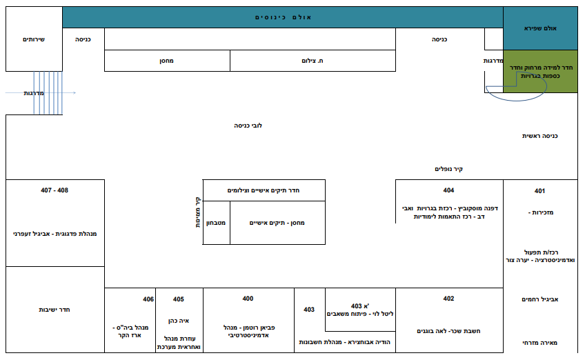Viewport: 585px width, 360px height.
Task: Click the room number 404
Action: point(448,190)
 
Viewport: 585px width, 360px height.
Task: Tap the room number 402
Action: point(448,299)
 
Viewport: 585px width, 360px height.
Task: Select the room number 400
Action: point(248,299)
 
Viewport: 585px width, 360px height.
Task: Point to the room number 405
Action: point(179,299)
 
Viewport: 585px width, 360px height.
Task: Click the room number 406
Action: point(148,299)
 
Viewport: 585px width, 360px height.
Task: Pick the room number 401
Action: point(539,191)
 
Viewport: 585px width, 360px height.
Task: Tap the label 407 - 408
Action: point(54,190)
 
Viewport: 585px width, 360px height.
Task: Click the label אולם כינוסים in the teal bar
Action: point(283,17)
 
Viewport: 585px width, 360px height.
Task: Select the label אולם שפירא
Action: point(540,28)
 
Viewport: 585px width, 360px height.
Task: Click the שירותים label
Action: point(34,39)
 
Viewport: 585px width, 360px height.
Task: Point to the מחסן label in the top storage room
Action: point(166,61)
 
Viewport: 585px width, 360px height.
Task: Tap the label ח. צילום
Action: point(313,61)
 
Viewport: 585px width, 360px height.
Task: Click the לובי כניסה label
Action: point(248,126)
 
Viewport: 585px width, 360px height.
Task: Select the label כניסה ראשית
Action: point(540,136)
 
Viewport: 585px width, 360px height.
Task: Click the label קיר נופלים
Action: point(448,169)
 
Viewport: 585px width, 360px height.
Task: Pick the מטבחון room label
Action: point(216,223)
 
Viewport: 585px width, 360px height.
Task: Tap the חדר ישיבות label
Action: point(54,310)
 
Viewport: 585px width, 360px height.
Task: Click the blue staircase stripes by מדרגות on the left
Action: point(48,93)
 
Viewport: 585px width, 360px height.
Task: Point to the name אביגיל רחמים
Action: point(540,299)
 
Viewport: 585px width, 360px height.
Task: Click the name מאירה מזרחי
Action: point(540,343)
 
